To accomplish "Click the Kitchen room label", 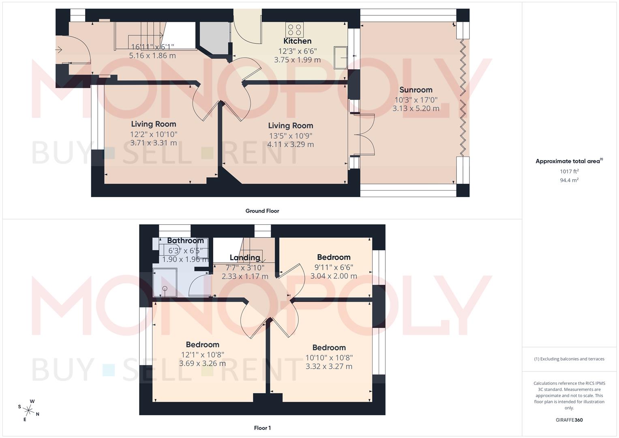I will coord(297,41).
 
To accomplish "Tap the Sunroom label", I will coord(416,90).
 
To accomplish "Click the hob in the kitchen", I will coord(294,30).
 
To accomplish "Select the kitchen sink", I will coord(340,58).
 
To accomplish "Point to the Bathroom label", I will coord(185,240).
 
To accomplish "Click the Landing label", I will coord(245,258).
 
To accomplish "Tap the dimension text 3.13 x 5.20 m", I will coord(416,108).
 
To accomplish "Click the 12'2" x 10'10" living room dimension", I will coord(154,134).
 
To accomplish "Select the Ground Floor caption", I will coord(262,211).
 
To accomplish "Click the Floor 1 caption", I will coord(262,428).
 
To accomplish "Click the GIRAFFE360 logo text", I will coord(569,420).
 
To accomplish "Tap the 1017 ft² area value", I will coord(569,172).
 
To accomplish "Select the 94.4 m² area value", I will coord(569,180).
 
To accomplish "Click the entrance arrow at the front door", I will coord(59,50).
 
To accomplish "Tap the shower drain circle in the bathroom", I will coord(165,288).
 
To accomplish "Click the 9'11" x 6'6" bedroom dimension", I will coord(334,267).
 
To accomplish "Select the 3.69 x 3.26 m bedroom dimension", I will coord(202,363).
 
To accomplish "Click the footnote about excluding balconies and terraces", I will coord(569,359).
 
